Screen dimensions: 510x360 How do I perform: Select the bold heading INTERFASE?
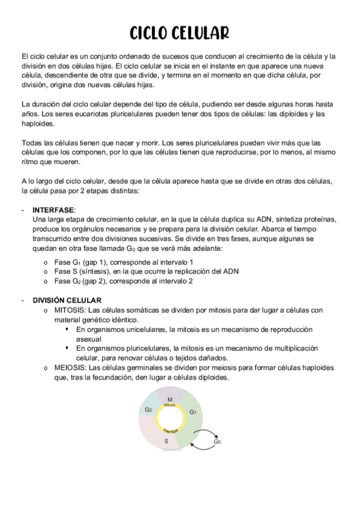(x=52, y=210)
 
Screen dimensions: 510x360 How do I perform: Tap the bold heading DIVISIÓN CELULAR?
(x=67, y=300)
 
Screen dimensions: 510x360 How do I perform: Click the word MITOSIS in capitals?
(x=69, y=310)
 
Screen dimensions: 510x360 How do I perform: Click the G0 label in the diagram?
(x=217, y=441)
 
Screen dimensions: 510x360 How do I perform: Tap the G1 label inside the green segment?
(x=193, y=412)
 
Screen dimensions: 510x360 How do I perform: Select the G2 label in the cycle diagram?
(x=148, y=410)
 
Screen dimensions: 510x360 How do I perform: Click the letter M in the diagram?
(x=169, y=399)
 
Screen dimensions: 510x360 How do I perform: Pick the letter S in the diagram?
(x=166, y=441)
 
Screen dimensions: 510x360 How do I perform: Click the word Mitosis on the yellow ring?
(x=170, y=405)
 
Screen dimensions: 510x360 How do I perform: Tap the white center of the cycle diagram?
(x=171, y=418)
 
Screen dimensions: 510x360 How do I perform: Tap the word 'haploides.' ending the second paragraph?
(x=38, y=123)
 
